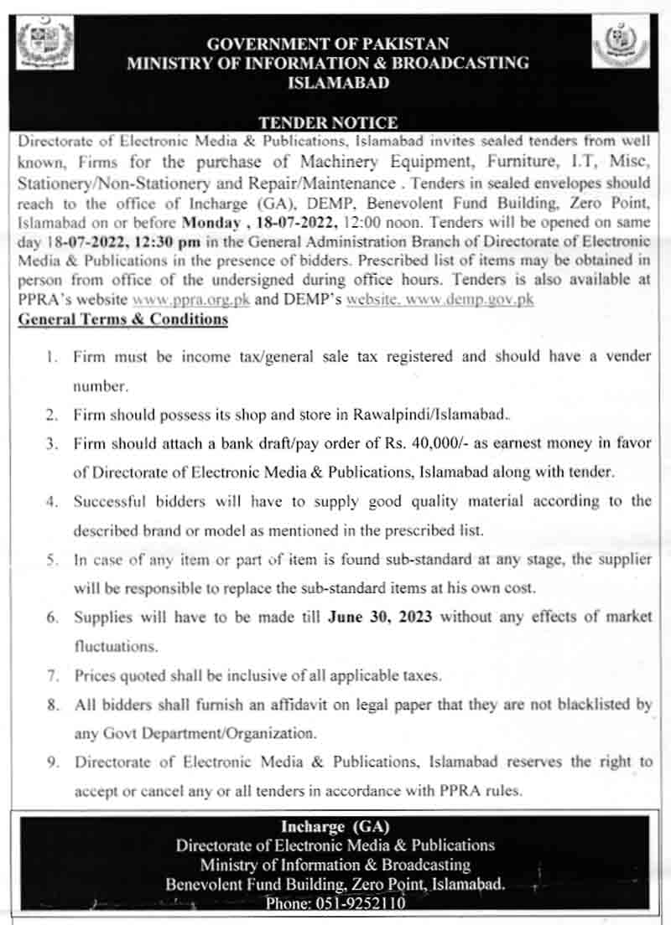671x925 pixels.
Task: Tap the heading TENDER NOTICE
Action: [328, 122]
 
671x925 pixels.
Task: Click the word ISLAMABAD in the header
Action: [327, 83]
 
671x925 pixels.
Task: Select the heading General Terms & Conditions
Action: [122, 319]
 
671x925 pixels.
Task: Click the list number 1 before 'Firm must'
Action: [53, 357]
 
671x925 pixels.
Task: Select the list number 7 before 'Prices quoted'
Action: [52, 674]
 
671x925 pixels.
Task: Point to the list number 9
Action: [52, 762]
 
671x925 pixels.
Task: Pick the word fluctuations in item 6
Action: [115, 646]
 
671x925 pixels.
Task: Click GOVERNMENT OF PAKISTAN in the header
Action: [328, 44]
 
